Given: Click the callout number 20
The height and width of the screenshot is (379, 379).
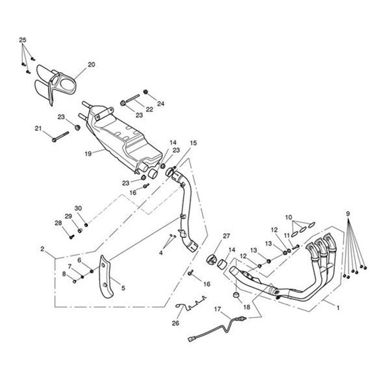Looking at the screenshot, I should click(x=91, y=64).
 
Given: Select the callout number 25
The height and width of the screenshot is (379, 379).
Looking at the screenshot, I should click(x=22, y=40).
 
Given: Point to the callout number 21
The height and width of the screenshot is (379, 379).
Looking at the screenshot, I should click(x=38, y=128).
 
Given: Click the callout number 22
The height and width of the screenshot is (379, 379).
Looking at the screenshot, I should click(x=149, y=109).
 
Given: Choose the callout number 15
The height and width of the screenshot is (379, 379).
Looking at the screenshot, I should click(x=193, y=143).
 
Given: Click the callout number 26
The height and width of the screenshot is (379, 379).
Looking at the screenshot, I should click(x=176, y=323).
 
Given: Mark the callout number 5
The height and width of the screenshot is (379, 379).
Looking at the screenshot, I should click(x=123, y=288).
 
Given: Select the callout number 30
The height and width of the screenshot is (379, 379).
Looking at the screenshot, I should click(x=78, y=208).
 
